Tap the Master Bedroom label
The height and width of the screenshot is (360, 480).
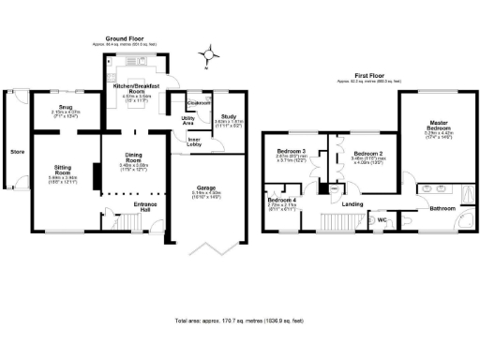[x=439, y=124]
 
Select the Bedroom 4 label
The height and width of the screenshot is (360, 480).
[x=282, y=200]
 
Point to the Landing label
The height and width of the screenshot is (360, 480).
[x=352, y=203]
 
